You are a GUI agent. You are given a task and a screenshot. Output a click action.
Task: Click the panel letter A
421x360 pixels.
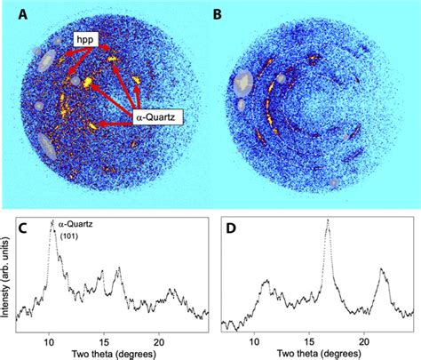coord(23,14)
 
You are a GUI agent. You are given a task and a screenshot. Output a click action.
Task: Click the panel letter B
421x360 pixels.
coord(218,14)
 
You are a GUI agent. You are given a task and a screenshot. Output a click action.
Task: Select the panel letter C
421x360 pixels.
coord(24,228)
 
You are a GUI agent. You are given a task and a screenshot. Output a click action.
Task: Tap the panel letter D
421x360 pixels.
coord(230,228)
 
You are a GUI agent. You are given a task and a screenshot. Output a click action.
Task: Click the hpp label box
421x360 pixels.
coord(86,40)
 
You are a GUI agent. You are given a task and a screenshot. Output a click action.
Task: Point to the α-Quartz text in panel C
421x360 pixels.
coord(75,224)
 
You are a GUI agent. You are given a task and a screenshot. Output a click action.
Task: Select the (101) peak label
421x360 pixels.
coord(69,236)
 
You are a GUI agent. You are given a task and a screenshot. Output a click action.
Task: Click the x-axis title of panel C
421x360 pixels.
coord(114,354)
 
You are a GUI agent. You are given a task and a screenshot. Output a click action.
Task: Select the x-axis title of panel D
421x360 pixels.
coord(319,354)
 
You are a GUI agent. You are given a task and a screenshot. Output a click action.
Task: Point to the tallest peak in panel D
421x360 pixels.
coord(328,220)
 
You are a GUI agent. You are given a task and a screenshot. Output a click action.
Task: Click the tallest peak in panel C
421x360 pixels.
coord(52,221)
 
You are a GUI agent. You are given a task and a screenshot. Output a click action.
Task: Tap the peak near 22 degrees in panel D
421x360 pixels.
coord(382,269)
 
